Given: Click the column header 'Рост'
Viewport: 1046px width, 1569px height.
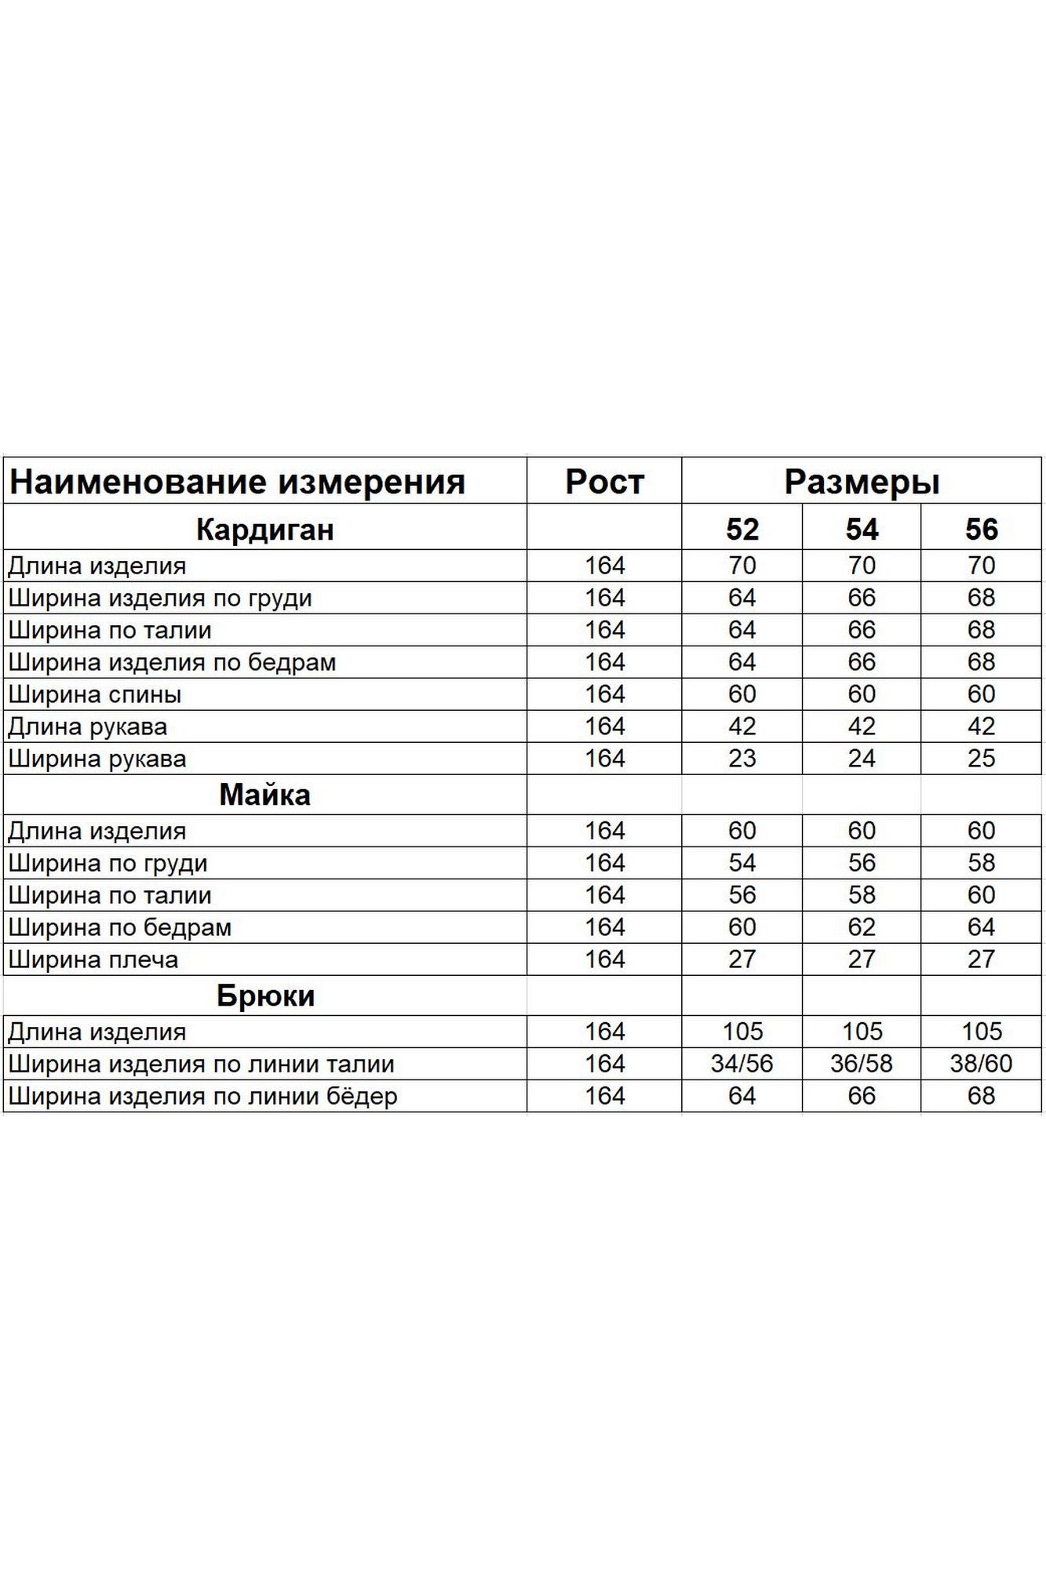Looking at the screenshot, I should [604, 482].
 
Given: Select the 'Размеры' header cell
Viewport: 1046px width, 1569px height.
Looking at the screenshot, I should [862, 482].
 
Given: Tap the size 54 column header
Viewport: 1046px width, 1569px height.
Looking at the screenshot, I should [862, 530].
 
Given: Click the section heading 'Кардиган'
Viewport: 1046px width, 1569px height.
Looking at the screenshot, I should [265, 530].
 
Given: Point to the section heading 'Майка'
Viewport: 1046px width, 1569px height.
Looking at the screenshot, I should [265, 795].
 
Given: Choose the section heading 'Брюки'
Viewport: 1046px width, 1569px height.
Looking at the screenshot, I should [265, 996].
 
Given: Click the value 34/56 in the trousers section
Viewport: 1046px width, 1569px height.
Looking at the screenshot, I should [742, 1064].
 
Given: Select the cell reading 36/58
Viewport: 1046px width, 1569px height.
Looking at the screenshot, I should [862, 1064].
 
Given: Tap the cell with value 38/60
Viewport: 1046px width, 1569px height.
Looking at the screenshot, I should [981, 1064].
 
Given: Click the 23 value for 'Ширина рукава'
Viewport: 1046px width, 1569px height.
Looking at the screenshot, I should [742, 759].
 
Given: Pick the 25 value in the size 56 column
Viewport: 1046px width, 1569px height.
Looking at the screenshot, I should [981, 759].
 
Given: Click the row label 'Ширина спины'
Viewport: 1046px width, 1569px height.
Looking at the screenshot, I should [95, 694].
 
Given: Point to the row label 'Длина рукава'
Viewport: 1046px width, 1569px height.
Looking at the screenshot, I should [88, 726].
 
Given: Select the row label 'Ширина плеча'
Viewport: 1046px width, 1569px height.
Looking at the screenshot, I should [93, 959].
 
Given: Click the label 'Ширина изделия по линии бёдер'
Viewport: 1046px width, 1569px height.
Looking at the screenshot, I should [202, 1096].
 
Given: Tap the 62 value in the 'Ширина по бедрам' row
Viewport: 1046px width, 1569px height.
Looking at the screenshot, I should [862, 927].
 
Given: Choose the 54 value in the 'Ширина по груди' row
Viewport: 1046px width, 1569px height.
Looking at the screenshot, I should [742, 863].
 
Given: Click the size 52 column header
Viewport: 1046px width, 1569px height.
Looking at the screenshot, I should [742, 530].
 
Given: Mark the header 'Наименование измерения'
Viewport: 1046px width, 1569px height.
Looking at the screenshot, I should [237, 482].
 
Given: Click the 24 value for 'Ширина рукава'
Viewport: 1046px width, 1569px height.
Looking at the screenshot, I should [862, 759].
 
